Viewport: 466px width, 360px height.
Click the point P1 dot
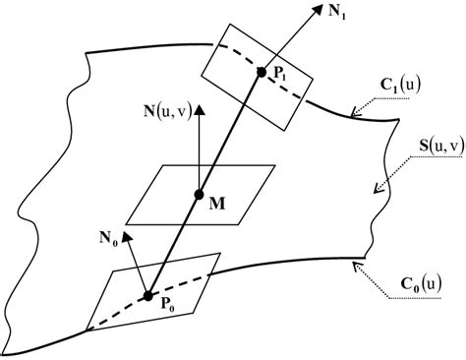click(x=262, y=71)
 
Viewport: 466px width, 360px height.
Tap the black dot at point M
click(x=199, y=193)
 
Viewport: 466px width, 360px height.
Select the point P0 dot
click(x=147, y=294)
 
